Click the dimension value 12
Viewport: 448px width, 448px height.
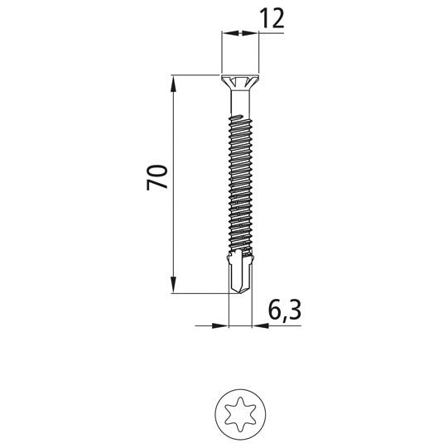point(272,18)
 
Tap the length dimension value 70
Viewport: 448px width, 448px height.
point(158,177)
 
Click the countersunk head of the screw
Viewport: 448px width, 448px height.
point(238,83)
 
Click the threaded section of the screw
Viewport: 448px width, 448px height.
point(238,182)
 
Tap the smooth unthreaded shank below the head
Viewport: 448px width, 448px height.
point(238,104)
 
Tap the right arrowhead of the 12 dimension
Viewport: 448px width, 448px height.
point(248,33)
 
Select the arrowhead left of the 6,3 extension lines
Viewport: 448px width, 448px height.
point(221,325)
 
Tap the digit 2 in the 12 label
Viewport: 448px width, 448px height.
point(278,18)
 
